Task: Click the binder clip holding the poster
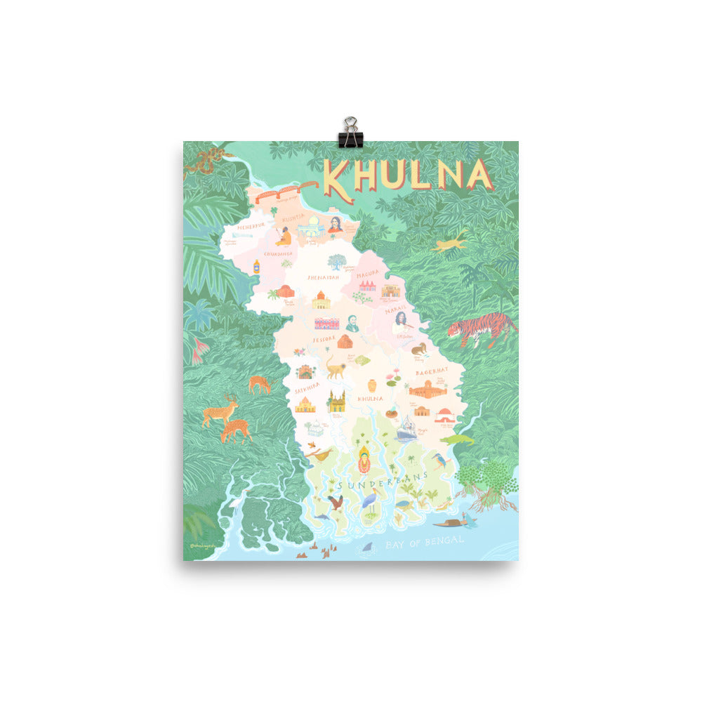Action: pyautogui.click(x=349, y=133)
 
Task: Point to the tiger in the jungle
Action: pyautogui.click(x=481, y=328)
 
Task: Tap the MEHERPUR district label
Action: pyautogui.click(x=249, y=227)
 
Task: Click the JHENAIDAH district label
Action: pyautogui.click(x=323, y=277)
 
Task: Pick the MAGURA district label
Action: pyautogui.click(x=367, y=274)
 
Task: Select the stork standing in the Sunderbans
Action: pyautogui.click(x=370, y=499)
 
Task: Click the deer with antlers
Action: pyautogui.click(x=219, y=410)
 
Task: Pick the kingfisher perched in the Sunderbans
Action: pyautogui.click(x=442, y=461)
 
